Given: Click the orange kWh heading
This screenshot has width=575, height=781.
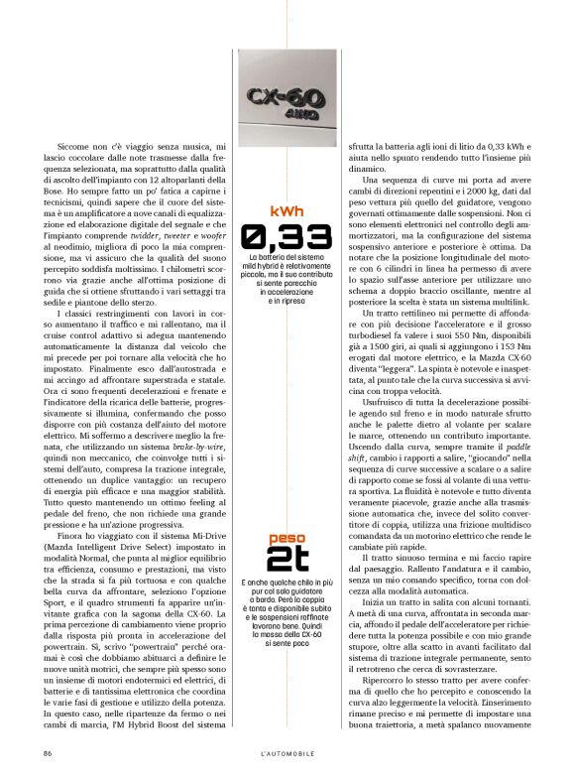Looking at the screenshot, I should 286,210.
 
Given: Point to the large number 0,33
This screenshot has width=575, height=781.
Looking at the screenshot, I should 286,235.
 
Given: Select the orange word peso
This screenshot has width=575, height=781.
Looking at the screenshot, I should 286,539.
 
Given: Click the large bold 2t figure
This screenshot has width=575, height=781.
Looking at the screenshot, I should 286,560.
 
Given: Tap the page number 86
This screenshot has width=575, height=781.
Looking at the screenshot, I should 47,753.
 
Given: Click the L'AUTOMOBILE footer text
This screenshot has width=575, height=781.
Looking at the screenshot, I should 287,753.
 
